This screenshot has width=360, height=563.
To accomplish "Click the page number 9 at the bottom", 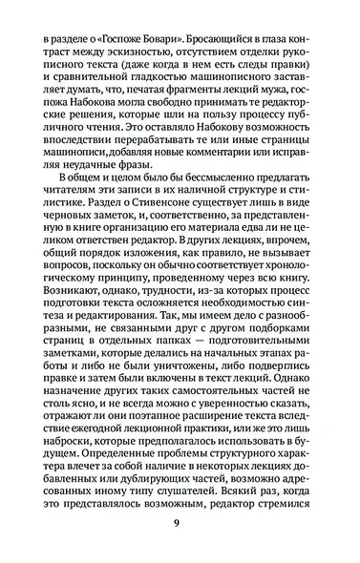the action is [180, 522].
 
